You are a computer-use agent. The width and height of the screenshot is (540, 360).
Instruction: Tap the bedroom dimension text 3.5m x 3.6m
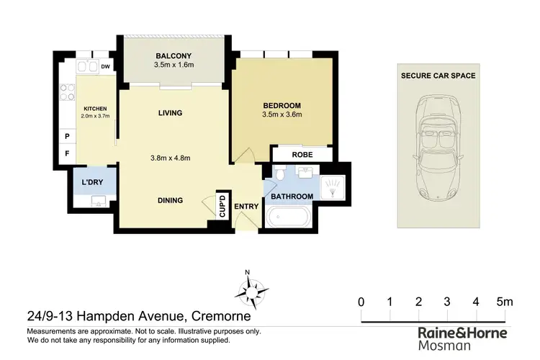(282, 114)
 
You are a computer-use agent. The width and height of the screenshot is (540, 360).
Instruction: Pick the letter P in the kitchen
(67, 136)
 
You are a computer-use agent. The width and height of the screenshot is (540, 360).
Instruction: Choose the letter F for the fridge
(67, 153)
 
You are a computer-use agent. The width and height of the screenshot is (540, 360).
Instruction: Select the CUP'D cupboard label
(222, 206)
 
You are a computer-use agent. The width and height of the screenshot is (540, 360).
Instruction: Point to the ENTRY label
(246, 207)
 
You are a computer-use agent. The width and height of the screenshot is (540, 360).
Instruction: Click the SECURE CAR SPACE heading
(438, 75)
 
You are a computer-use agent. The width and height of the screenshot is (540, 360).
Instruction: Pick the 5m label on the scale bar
(505, 302)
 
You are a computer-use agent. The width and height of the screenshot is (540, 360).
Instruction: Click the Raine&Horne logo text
(462, 333)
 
